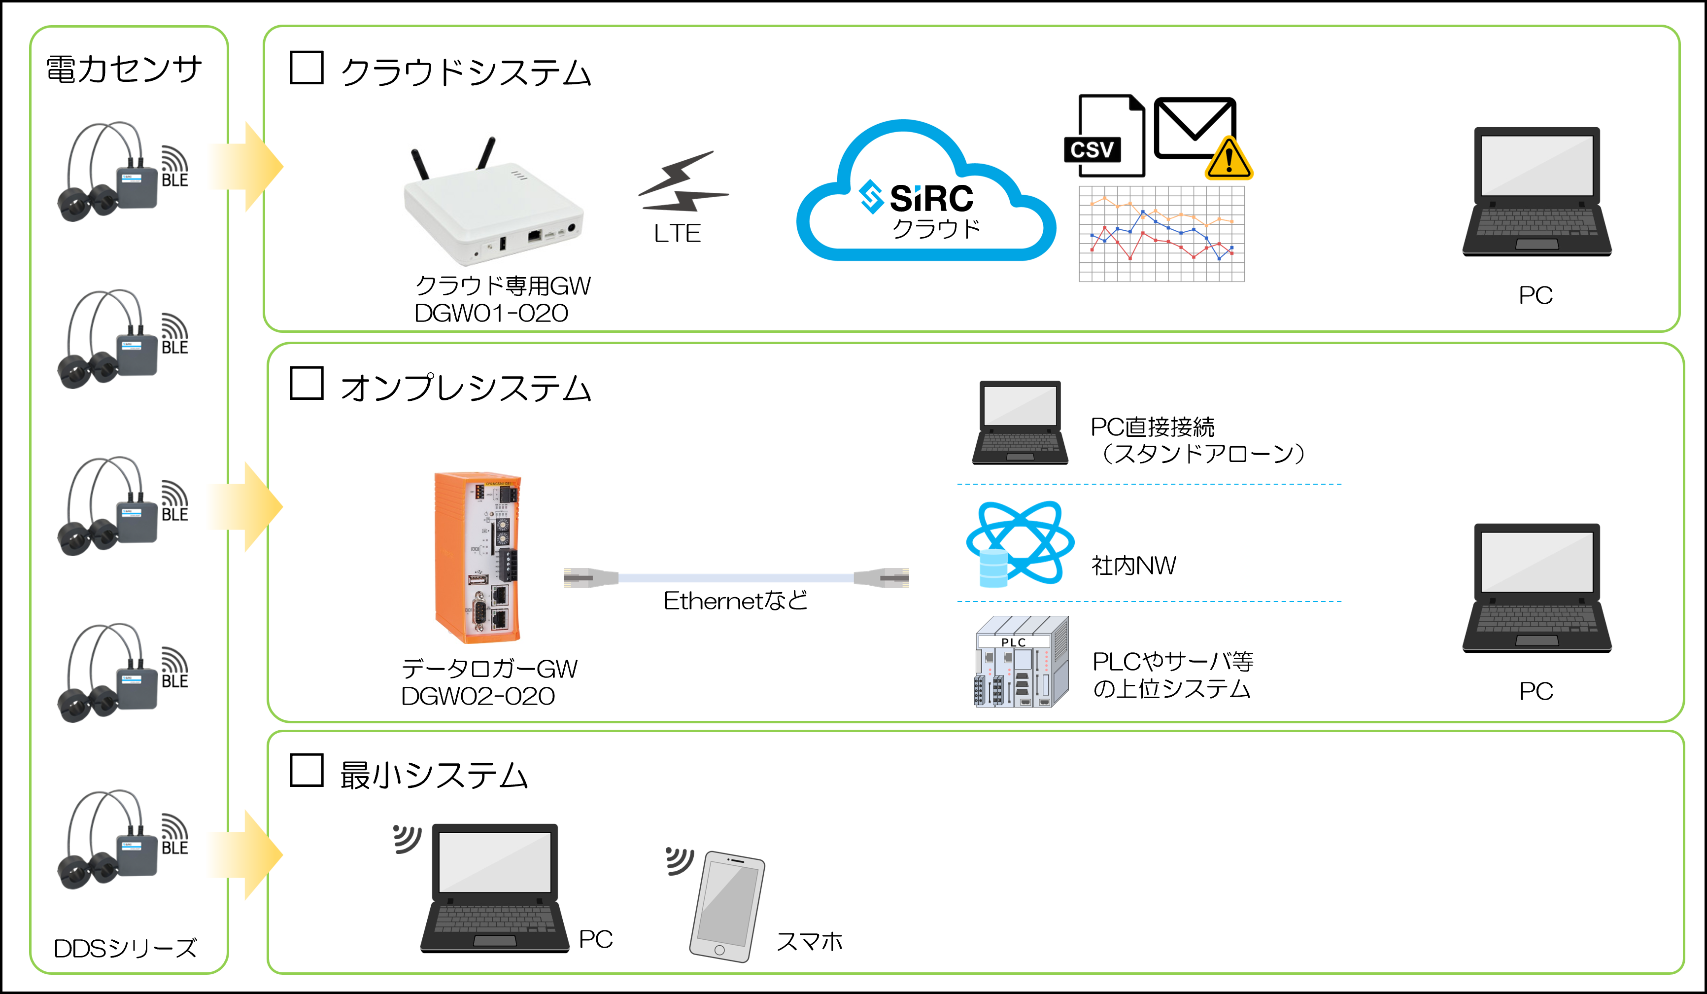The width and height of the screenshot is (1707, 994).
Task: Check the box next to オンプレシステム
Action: coord(306,384)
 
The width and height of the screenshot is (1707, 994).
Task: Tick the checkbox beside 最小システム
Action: coord(306,771)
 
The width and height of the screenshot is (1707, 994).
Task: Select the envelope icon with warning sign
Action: coord(1200,136)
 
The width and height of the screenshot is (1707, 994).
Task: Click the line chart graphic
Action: coord(1161,234)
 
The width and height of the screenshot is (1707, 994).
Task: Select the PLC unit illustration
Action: coord(1021,662)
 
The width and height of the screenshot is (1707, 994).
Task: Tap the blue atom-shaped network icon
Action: coord(1020,543)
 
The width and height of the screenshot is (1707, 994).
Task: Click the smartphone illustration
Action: coord(727,905)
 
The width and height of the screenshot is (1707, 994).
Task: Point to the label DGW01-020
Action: coord(491,313)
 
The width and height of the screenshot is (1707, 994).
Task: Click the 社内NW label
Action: coord(1133,566)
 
